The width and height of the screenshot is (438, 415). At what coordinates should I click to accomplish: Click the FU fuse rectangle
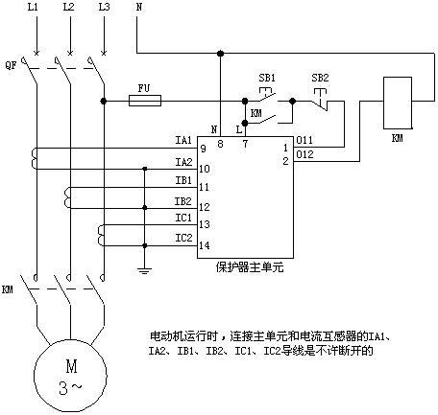145,101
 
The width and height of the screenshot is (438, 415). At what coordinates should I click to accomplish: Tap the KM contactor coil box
398,103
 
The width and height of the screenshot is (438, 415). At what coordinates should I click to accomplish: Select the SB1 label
267,78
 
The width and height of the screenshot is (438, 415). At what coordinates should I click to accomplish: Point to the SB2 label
320,78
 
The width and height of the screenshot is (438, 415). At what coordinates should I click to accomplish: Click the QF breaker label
11,66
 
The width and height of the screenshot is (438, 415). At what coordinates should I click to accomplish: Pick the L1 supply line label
33,7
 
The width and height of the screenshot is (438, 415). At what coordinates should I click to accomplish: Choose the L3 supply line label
104,7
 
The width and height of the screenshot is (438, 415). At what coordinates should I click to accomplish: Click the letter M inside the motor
71,366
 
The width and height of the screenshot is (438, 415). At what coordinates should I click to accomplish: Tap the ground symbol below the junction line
144,271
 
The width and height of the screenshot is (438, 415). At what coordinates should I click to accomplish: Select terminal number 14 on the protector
205,245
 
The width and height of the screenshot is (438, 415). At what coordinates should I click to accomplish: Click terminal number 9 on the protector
204,149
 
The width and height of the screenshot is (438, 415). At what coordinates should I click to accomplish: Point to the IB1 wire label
183,180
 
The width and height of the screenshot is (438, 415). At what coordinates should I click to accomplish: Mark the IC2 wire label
183,238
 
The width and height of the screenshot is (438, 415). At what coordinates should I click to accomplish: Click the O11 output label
304,140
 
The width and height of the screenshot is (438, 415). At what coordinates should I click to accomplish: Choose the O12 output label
304,154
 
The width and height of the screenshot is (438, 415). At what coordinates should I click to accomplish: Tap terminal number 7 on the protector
245,144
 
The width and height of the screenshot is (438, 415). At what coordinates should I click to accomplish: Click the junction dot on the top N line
220,53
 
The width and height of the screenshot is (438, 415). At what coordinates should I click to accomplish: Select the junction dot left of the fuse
104,101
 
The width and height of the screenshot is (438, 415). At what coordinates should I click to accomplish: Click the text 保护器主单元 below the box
250,267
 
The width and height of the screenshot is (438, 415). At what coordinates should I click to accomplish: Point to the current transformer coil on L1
34,158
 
